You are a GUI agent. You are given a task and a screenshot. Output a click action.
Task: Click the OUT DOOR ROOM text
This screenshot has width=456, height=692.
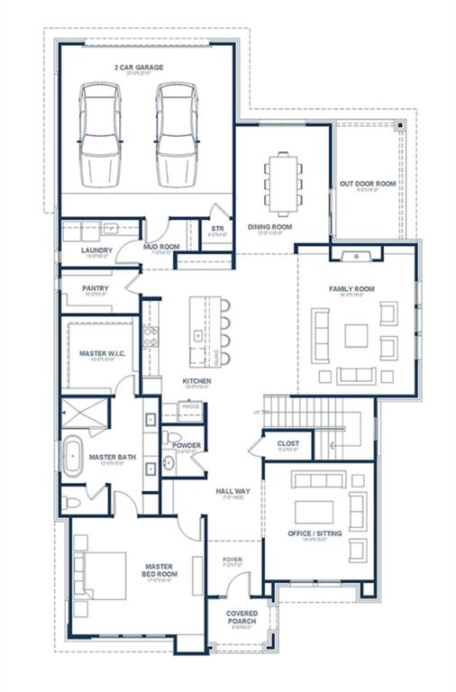coord(368,184)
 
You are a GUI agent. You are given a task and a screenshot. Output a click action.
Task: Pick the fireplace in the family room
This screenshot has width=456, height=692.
coord(357,256)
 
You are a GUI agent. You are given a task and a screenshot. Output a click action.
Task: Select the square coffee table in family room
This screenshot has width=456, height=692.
coord(357,336)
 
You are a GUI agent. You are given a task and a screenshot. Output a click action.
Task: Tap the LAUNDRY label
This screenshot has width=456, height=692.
coord(96,250)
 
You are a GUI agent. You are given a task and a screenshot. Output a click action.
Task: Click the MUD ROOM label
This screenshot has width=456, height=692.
coord(162,246)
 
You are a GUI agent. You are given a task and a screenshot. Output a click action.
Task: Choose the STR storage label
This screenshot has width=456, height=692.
coord(217,229)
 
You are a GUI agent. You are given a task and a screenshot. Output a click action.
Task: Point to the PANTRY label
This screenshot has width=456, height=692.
coord(95,288)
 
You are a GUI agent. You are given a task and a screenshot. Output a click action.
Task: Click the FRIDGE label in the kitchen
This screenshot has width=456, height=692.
coord(189,408)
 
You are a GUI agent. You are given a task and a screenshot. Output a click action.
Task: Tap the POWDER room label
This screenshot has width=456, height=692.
coord(187,445)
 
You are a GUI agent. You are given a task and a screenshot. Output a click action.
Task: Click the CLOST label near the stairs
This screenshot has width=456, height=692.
coord(287,443)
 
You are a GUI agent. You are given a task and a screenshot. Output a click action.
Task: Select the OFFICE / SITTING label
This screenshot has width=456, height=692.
coord(315,533)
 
